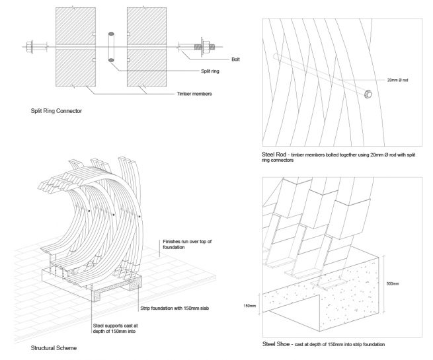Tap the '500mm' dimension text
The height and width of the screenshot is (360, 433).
[391, 283]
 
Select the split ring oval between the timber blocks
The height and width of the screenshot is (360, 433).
[110, 47]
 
